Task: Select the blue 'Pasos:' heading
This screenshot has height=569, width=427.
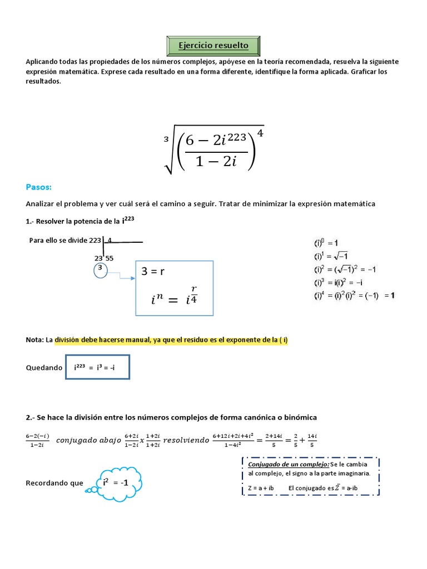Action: (38, 187)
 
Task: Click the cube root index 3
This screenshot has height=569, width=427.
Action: (166, 139)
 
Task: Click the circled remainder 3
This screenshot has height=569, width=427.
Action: (100, 267)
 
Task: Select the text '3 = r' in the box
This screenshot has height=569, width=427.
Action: (153, 272)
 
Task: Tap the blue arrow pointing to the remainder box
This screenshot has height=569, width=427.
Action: (120, 274)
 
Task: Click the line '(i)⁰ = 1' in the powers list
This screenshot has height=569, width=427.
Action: (330, 243)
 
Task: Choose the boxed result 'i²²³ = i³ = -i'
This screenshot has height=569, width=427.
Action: (98, 367)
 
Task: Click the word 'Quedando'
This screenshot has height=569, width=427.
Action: (44, 368)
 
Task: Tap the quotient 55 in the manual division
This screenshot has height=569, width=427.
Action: (110, 258)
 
